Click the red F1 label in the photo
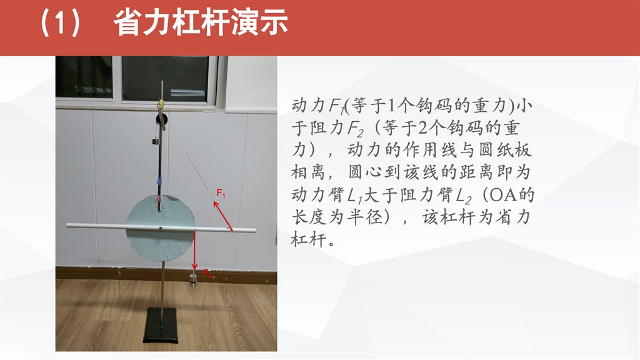tap(221, 192)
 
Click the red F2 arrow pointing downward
tap(195, 249)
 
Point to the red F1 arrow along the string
tap(223, 216)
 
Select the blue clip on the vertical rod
tap(159, 181)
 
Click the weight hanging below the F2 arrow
tap(193, 281)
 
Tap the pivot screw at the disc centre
tap(161, 228)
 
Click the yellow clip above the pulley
tap(161, 104)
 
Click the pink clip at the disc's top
tap(158, 199)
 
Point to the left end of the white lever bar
tap(67, 225)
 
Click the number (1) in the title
tap(59, 23)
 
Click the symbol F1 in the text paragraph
tap(337, 107)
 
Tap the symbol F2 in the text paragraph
tap(355, 129)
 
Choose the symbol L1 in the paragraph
tap(355, 196)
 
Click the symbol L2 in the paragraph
tap(464, 196)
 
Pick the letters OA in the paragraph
tap(504, 195)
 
